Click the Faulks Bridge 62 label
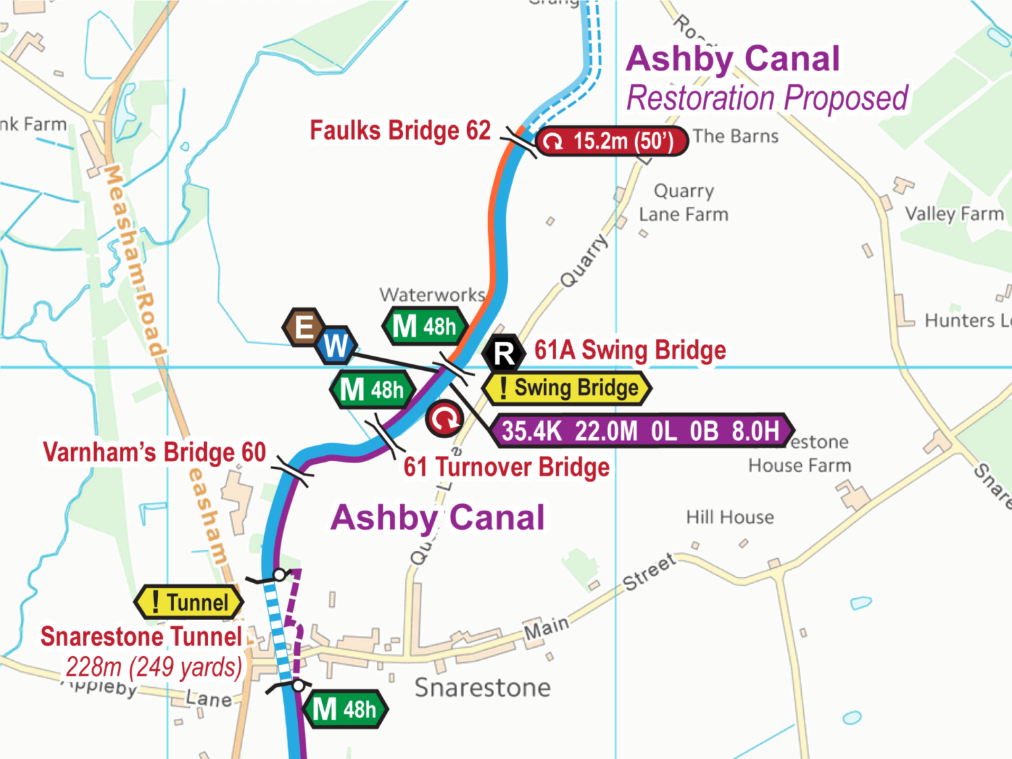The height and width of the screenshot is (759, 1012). click(x=400, y=130)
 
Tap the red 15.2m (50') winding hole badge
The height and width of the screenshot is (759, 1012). click(x=612, y=141)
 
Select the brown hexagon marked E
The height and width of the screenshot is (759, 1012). click(x=304, y=327)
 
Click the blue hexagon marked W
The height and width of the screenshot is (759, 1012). click(x=336, y=345)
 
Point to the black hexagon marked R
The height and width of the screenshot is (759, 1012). click(x=504, y=353)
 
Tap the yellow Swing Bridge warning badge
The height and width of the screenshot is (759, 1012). click(x=567, y=388)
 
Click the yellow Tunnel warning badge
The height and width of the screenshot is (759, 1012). click(x=189, y=602)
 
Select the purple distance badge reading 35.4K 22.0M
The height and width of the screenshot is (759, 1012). click(x=641, y=431)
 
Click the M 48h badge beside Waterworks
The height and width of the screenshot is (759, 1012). click(x=425, y=326)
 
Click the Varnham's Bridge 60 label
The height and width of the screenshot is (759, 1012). click(x=154, y=453)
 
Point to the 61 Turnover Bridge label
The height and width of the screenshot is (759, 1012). click(x=506, y=467)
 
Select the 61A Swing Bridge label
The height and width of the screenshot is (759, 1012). click(x=630, y=350)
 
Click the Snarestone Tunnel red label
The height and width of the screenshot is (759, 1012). click(x=141, y=636)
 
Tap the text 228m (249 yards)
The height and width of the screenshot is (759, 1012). click(x=154, y=667)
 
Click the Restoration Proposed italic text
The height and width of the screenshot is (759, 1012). click(x=767, y=99)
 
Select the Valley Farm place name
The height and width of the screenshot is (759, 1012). click(x=954, y=214)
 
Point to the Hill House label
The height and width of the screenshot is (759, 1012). click(x=730, y=517)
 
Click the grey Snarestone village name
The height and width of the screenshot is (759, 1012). click(x=482, y=688)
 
